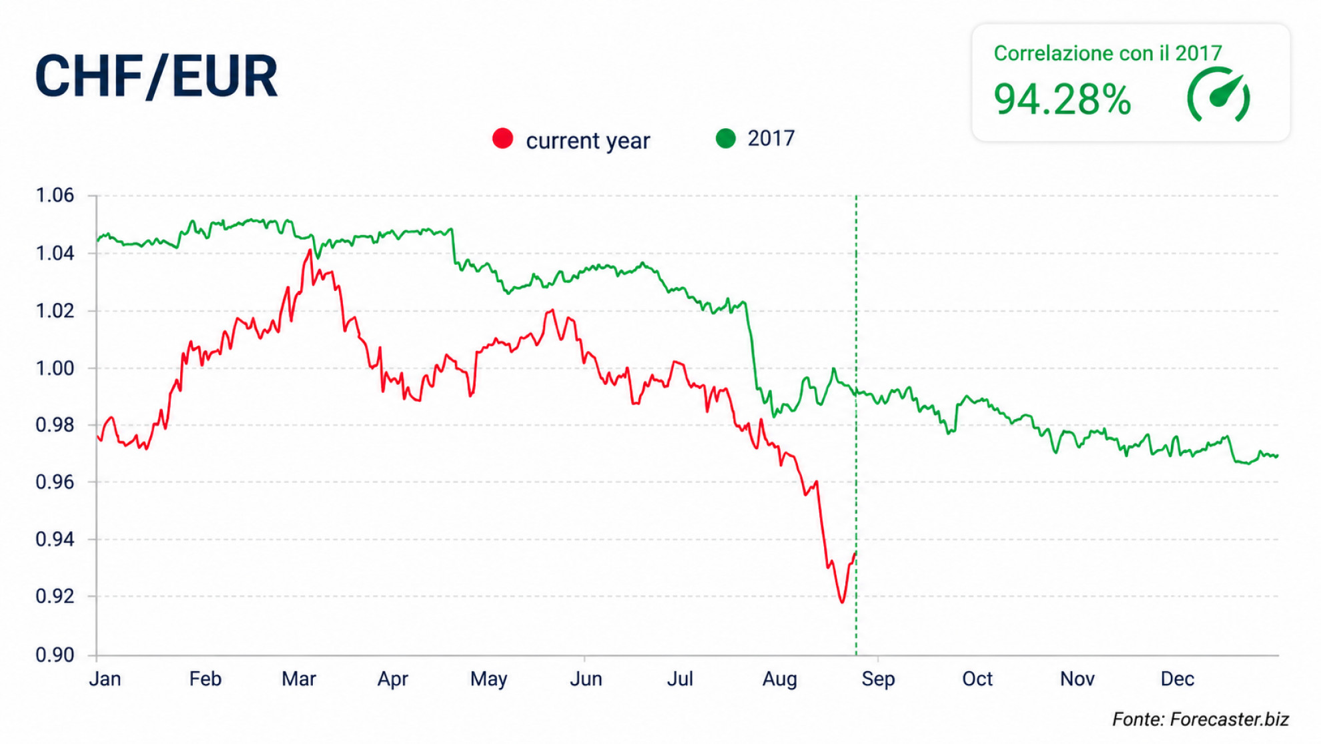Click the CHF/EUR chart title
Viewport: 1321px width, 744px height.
156,77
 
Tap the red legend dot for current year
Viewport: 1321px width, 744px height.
502,139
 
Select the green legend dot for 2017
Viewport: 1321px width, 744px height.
725,138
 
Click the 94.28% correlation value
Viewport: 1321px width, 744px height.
1062,100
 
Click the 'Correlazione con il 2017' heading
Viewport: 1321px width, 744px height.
1108,53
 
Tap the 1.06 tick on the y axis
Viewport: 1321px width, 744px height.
55,196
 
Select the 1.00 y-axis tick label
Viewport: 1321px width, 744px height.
55,368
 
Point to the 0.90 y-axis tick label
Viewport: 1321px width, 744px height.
55,655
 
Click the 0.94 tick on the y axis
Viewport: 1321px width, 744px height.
55,539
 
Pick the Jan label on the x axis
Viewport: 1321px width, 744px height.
105,679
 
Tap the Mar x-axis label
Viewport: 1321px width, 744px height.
298,679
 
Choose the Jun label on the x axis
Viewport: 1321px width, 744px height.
586,679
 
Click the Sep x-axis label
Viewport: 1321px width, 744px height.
878,679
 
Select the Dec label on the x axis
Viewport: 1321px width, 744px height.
1177,679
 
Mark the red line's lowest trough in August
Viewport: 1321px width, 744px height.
842,603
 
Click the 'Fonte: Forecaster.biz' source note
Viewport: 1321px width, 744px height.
1200,719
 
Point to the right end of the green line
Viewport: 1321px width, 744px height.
1278,456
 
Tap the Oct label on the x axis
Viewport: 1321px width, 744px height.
977,679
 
